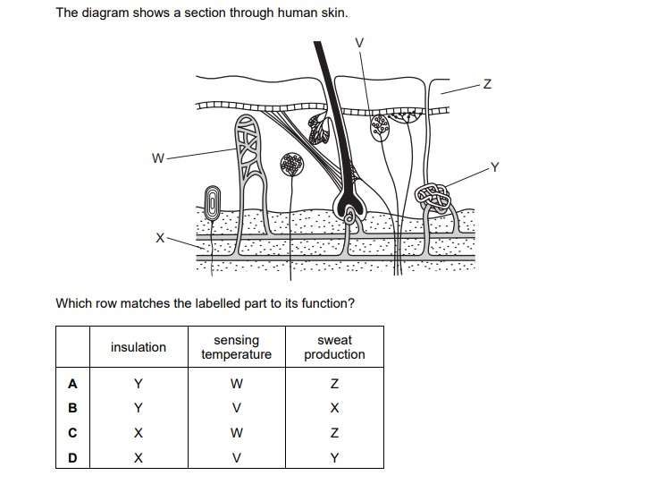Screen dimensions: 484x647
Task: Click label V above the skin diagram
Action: pyautogui.click(x=359, y=42)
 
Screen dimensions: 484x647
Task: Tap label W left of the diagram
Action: pyautogui.click(x=158, y=159)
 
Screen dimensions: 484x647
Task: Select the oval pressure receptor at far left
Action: pyautogui.click(x=214, y=203)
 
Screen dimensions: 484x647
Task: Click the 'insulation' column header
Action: pyautogui.click(x=138, y=347)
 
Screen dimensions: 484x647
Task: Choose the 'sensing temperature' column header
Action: pyautogui.click(x=236, y=347)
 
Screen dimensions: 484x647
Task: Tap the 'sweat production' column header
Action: pyautogui.click(x=334, y=347)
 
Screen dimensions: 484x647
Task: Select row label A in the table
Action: pyautogui.click(x=73, y=384)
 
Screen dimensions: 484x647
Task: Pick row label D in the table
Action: pyautogui.click(x=73, y=458)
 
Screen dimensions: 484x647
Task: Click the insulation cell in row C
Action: pyautogui.click(x=138, y=433)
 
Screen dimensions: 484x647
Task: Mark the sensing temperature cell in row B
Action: pyautogui.click(x=236, y=409)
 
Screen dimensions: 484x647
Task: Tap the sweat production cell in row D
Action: pyautogui.click(x=334, y=458)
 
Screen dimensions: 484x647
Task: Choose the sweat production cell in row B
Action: pyautogui.click(x=334, y=409)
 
